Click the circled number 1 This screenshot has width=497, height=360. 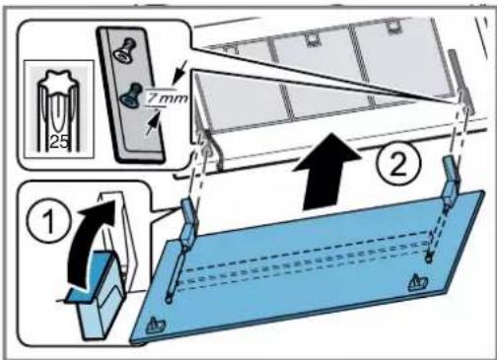pyautogui.click(x=49, y=221)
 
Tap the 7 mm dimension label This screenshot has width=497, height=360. pyautogui.click(x=167, y=99)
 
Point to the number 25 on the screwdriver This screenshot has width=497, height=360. pyautogui.click(x=59, y=142)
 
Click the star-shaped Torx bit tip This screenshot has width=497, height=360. pyautogui.click(x=58, y=80)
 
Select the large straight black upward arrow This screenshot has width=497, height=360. pyautogui.click(x=326, y=171)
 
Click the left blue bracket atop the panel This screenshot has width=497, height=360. pyautogui.click(x=189, y=224)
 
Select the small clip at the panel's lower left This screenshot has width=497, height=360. pyautogui.click(x=156, y=325)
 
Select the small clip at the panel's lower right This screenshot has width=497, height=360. pyautogui.click(x=417, y=283)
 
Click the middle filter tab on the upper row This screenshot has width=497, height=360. pyautogui.click(x=311, y=39)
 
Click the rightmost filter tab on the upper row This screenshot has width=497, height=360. pyautogui.click(x=391, y=28)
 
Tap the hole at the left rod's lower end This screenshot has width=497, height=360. pyautogui.click(x=169, y=300)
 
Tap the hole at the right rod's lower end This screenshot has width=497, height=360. pyautogui.click(x=428, y=259)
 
